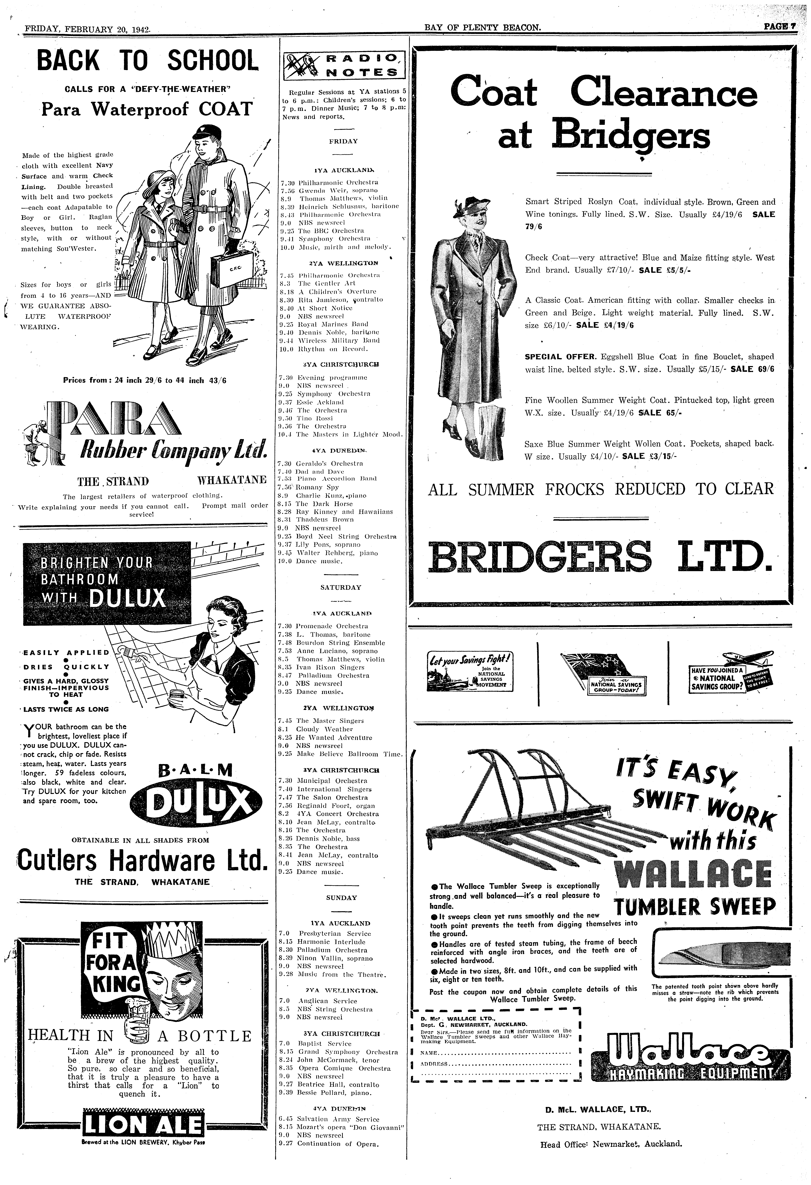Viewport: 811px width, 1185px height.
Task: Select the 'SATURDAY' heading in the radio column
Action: click(341, 587)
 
